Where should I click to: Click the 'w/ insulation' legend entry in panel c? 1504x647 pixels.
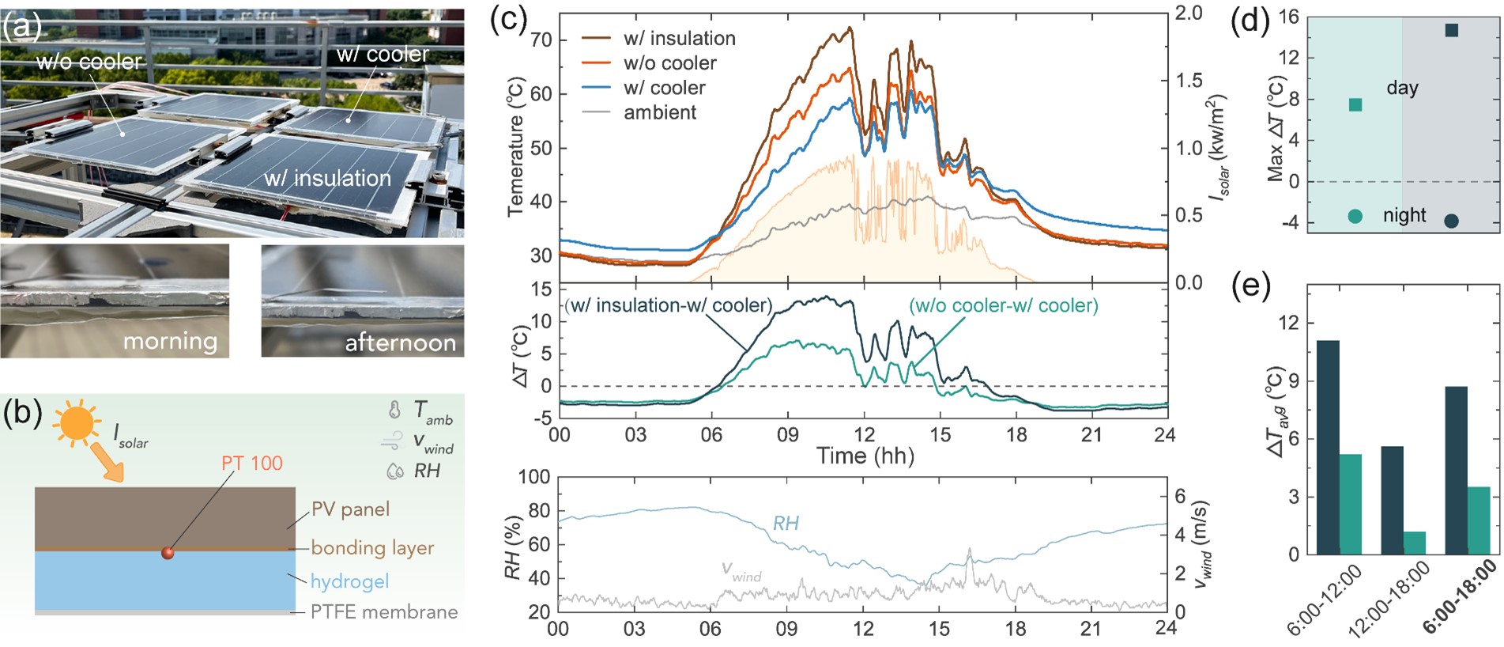[x=679, y=38]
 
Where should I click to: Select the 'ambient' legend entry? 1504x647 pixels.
[x=660, y=112]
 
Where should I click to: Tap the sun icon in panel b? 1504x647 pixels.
[x=77, y=422]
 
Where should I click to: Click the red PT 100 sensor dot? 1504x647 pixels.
[x=168, y=553]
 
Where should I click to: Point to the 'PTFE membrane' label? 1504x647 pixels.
[x=384, y=612]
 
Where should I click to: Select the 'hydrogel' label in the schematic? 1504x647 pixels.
[x=349, y=581]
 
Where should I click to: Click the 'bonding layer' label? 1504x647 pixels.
[x=372, y=547]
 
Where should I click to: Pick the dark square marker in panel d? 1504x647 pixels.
[x=1451, y=31]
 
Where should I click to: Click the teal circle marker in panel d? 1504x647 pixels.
[x=1355, y=216]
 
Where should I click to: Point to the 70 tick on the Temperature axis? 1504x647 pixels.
[x=541, y=40]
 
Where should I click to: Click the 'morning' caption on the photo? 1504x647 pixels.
[x=170, y=342]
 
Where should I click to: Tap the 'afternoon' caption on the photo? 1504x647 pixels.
[x=400, y=343]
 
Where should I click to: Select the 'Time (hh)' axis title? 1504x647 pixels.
[x=865, y=456]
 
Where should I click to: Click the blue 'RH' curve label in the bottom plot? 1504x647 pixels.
[x=786, y=523]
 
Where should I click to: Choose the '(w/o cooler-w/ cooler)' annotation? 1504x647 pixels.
[x=1004, y=305]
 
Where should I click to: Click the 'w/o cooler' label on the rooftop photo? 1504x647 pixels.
[x=89, y=62]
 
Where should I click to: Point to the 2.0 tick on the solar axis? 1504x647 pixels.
[x=1189, y=13]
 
